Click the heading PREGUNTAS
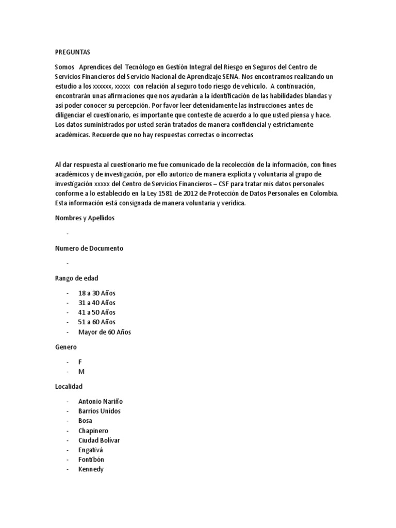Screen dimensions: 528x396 coord(72,53)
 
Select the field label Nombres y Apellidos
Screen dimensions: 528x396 coord(85,218)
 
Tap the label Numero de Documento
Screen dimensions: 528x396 coord(89,248)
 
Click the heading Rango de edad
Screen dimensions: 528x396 coord(77,278)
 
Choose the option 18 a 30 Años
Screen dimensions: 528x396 coord(97,293)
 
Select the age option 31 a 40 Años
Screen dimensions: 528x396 coord(97,303)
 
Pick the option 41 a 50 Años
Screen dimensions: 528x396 coord(97,312)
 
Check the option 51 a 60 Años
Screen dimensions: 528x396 coord(97,322)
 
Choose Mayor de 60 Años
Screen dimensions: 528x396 coord(105,332)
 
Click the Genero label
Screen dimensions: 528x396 coord(65,348)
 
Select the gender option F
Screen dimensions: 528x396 coord(80,362)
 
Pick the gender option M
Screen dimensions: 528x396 coord(80,372)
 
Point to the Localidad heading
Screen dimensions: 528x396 coord(69,386)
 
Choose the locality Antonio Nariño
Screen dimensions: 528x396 coord(101,401)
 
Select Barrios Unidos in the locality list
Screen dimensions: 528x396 coord(100,411)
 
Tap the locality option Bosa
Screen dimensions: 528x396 coord(85,421)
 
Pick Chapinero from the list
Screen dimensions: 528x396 coord(93,431)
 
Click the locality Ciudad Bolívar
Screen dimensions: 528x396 coord(99,440)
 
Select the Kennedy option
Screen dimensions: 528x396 coord(91,470)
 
